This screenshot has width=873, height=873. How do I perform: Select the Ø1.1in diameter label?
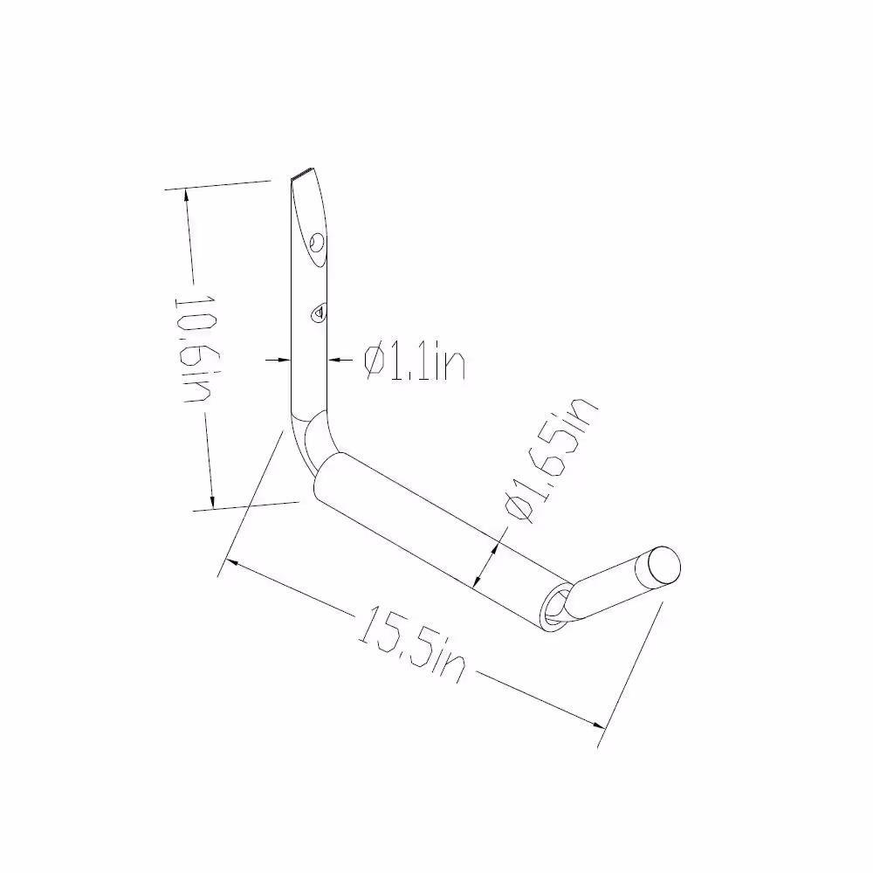coord(414,361)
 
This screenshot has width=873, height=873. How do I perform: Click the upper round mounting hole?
coord(317,241)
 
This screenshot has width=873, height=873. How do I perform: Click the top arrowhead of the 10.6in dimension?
coord(184,196)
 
